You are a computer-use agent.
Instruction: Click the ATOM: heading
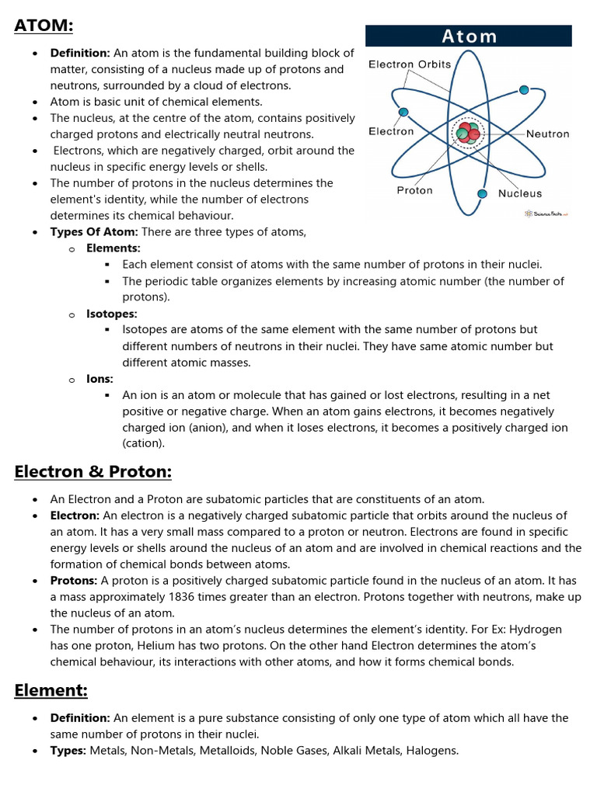[x=44, y=26]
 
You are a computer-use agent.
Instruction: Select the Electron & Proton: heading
[x=93, y=472]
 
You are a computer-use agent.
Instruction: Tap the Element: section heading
[x=51, y=690]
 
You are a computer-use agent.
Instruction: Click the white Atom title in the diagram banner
[x=469, y=36]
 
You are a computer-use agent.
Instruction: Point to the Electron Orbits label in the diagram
[x=409, y=64]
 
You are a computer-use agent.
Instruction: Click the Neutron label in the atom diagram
[x=547, y=134]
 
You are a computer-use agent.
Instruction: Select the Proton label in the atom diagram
[x=414, y=190]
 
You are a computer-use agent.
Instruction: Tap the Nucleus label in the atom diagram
[x=520, y=193]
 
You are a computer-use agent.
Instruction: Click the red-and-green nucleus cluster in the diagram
[x=468, y=134]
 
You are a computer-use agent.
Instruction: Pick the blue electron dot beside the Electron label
[x=403, y=112]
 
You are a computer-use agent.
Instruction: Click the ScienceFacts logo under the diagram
[x=546, y=213]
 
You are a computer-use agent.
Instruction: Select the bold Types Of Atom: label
[x=93, y=232]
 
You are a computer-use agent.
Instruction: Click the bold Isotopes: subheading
[x=111, y=314]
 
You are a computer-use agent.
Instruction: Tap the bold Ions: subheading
[x=99, y=379]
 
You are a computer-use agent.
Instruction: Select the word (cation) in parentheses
[x=144, y=443]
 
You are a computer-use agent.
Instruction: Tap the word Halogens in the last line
[x=431, y=751]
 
